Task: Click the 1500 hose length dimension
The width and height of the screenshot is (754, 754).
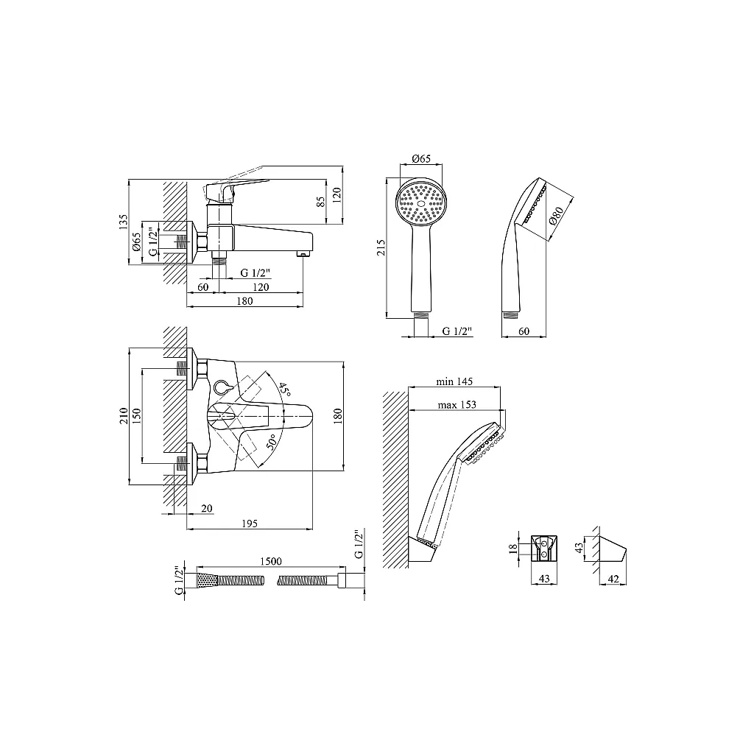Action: tap(271, 561)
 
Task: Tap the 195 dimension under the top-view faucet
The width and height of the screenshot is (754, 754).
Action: tap(250, 524)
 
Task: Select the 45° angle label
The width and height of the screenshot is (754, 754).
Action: tap(284, 390)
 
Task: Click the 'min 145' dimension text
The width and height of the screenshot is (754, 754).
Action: tap(454, 381)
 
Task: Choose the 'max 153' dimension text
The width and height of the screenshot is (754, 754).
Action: tap(457, 405)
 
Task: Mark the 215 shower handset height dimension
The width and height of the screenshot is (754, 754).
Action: tap(381, 247)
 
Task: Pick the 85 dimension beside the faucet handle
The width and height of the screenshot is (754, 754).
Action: tap(321, 201)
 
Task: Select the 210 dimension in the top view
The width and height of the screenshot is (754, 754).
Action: tap(124, 415)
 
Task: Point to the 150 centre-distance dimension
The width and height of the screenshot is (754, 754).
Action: tap(136, 415)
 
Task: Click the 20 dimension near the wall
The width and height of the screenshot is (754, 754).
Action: tap(207, 508)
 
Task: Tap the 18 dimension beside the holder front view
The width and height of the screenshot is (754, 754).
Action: tap(513, 548)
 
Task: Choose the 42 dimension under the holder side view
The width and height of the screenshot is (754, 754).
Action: tap(613, 579)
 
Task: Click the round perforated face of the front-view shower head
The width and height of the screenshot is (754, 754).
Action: tap(422, 203)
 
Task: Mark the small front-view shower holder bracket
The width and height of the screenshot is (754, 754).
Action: tap(544, 549)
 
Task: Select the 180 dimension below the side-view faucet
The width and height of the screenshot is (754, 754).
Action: tap(244, 301)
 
